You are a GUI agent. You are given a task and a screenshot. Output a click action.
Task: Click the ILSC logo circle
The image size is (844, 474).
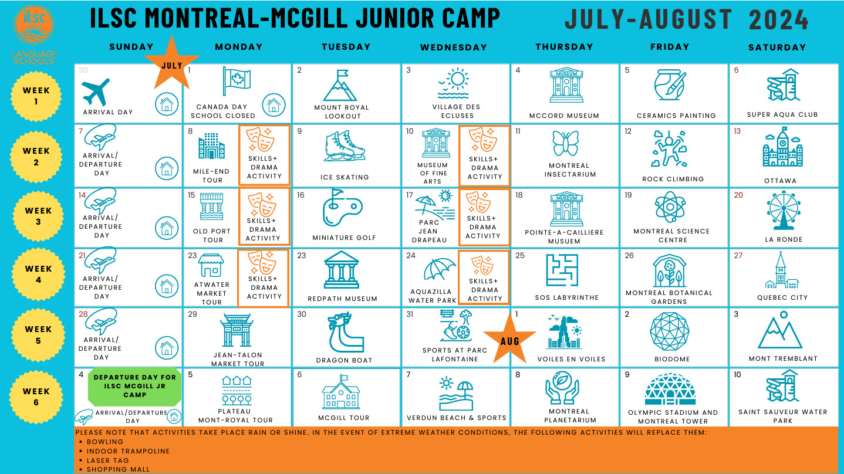34,25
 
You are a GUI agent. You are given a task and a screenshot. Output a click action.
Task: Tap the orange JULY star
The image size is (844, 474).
172,64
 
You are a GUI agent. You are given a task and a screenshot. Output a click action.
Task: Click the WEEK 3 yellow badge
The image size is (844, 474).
38,216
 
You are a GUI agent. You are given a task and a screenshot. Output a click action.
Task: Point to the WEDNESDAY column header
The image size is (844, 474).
454,48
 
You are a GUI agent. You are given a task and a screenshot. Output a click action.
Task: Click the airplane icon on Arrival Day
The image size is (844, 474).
96,92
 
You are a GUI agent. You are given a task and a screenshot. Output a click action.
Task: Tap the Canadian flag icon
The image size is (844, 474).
237,82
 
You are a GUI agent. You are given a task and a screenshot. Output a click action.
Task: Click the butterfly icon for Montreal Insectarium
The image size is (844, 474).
566,143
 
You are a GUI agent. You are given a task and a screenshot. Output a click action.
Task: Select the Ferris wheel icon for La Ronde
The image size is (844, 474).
784,211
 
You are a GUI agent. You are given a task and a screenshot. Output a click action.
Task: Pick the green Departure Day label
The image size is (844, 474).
134,386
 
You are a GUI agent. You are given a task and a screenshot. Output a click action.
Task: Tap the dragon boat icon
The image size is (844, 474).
345,333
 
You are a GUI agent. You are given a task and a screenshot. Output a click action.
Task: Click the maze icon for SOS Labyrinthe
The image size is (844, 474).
562,270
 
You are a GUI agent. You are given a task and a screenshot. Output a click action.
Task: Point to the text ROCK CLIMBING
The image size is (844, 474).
673,179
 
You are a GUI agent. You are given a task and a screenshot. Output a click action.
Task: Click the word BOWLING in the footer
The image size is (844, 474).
105,442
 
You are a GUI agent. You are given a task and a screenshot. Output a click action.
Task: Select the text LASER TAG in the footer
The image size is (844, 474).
108,461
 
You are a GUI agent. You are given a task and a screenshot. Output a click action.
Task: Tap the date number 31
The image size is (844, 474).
410,314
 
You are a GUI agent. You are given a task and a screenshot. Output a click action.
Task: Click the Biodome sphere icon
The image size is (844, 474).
670,331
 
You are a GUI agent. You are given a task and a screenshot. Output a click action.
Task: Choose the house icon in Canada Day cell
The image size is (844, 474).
274,104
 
